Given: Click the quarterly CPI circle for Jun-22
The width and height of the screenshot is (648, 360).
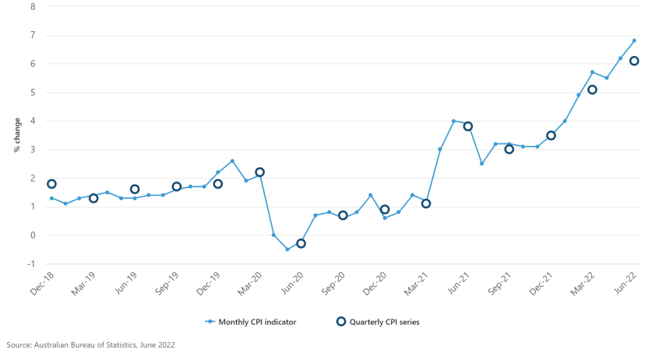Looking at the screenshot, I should [634, 61].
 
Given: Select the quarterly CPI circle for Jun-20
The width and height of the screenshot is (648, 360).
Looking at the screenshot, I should [301, 243].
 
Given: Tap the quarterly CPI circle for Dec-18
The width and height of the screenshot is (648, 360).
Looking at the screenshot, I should [51, 184].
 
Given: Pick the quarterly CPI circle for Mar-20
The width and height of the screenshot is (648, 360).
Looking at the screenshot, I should [259, 172].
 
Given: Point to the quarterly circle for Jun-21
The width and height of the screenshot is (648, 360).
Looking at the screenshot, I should [468, 126].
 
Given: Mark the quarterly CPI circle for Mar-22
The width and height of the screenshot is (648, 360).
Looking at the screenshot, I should [592, 90].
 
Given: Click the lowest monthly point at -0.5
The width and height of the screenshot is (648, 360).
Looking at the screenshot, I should [287, 249].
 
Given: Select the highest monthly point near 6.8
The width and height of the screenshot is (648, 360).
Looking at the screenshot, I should [634, 41].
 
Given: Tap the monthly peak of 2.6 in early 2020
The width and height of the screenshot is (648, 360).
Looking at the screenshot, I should [232, 161].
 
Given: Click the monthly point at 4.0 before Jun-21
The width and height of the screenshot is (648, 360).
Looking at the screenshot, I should [453, 121].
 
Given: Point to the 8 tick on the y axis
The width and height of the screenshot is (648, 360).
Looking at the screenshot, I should [32, 6].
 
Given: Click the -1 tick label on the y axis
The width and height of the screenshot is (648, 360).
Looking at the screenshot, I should [30, 263].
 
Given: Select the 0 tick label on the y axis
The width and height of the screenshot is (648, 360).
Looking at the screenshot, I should [32, 235].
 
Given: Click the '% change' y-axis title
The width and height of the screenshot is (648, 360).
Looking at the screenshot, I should [16, 135].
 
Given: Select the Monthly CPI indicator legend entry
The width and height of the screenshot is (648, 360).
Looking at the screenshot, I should [252, 321].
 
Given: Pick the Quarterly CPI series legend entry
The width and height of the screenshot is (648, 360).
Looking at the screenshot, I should [377, 321].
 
